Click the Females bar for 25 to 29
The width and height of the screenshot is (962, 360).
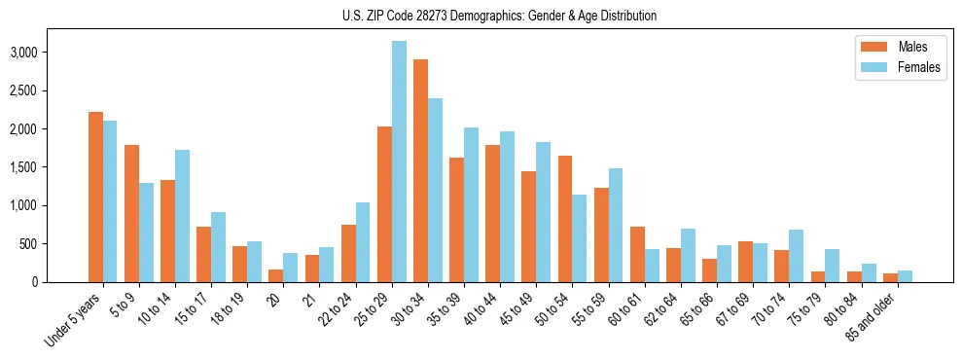pyautogui.click(x=399, y=162)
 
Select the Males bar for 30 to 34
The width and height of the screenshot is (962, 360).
pyautogui.click(x=420, y=171)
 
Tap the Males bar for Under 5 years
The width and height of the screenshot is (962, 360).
pyautogui.click(x=95, y=198)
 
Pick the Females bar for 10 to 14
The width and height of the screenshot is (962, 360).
pyautogui.click(x=182, y=216)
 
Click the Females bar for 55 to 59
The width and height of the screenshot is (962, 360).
pyautogui.click(x=616, y=226)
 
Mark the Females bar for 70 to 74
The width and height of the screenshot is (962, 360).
pyautogui.click(x=796, y=256)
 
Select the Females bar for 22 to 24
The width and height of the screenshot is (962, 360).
pyautogui.click(x=363, y=242)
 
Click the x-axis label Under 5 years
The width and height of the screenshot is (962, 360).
pyautogui.click(x=73, y=318)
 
